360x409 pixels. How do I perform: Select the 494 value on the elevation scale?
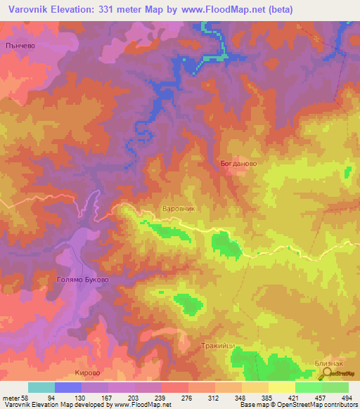coord(347,398)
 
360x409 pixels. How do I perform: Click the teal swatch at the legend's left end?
coord(41,387)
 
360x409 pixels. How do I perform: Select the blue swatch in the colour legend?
coord(68,387)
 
